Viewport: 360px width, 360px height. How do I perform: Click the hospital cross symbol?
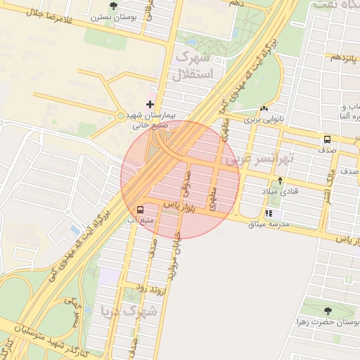[150, 104]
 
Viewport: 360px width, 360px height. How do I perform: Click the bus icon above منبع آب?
[141, 210]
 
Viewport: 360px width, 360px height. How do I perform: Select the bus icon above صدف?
[328, 139]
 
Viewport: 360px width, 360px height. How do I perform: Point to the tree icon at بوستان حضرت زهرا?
[328, 310]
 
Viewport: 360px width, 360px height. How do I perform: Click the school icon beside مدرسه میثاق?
[269, 214]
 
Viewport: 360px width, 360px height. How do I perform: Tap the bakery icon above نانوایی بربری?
[264, 109]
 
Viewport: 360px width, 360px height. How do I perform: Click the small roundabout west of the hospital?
[120, 115]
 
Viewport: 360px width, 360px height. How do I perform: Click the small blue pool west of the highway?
[75, 230]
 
